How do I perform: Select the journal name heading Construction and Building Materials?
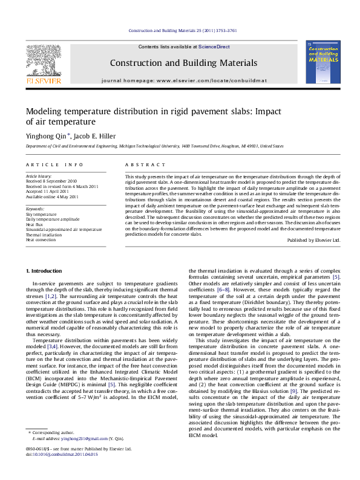pyautogui.click(x=183, y=63)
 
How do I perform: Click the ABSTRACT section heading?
pyautogui.click(x=145, y=165)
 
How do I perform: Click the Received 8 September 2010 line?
pyautogui.click(x=51, y=181)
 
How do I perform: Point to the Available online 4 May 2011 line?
pyautogui.click(x=52, y=196)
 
